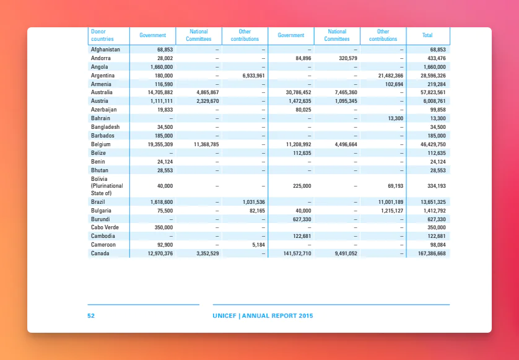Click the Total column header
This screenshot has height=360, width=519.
[x=427, y=35]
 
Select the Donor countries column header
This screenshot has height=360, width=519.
[x=102, y=35]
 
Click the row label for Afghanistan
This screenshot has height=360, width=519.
[x=105, y=50]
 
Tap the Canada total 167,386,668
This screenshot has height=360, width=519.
[x=429, y=253]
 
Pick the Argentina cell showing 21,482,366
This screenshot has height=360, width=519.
[x=391, y=76]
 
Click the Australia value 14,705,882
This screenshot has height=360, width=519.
[x=160, y=92]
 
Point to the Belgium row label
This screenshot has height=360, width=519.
[x=100, y=144]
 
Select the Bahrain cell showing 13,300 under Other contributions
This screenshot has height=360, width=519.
[x=396, y=118]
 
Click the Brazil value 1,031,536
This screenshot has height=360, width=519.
[x=253, y=202]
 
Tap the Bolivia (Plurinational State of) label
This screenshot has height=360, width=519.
[x=107, y=186]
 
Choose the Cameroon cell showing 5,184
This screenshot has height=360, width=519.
[x=258, y=245]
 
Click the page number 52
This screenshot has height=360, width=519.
[x=91, y=315]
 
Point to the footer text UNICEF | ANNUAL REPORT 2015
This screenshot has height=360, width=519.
[x=263, y=315]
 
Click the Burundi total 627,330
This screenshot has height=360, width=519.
[x=437, y=219]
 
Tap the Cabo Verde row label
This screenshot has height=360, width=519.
[x=105, y=227]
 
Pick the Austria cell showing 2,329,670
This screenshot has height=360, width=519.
[x=207, y=101]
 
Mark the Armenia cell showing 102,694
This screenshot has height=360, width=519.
[x=395, y=84]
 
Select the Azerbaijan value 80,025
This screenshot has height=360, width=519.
[x=303, y=110]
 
